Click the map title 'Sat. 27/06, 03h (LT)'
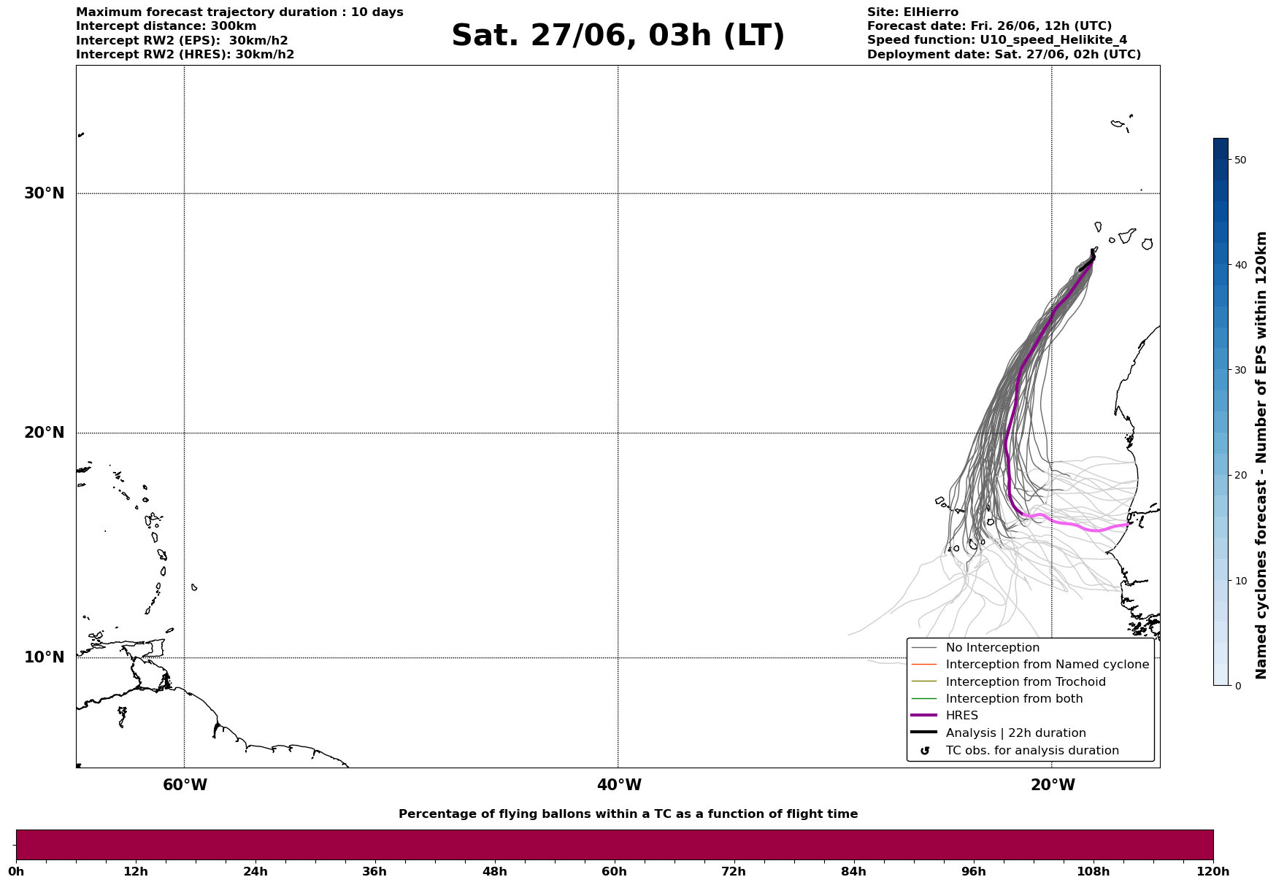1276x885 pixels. click(x=618, y=36)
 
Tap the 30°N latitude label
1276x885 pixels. click(x=45, y=193)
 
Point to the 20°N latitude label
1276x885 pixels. click(x=45, y=433)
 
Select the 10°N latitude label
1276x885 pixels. click(x=45, y=657)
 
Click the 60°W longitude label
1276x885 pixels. click(x=185, y=785)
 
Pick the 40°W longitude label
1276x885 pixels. click(x=619, y=785)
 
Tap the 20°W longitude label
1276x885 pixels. click(x=1053, y=785)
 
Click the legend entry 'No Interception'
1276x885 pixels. click(x=992, y=648)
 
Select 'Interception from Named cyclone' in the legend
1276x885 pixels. click(x=1047, y=665)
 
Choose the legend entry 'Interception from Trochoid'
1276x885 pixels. click(x=1025, y=682)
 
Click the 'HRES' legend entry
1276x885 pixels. click(x=961, y=716)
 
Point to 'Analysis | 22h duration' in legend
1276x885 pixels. click(x=1015, y=733)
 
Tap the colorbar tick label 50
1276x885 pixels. click(x=1240, y=160)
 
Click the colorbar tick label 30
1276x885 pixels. click(x=1240, y=370)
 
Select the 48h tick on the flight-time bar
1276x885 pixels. click(x=494, y=871)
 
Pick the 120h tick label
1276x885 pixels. click(x=1213, y=871)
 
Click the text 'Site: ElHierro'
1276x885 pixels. click(x=912, y=12)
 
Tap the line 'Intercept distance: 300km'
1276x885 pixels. click(x=166, y=26)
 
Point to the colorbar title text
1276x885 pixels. click(x=1261, y=455)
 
